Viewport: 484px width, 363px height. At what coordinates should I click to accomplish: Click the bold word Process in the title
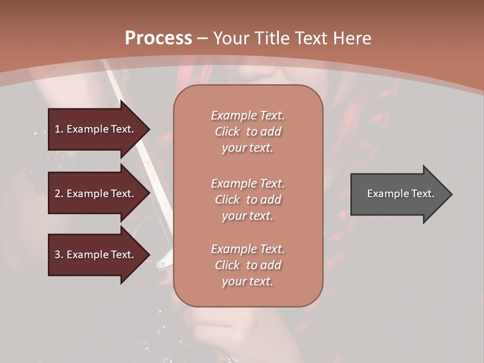[x=158, y=38]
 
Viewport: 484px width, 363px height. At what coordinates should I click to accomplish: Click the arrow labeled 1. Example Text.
[x=96, y=129]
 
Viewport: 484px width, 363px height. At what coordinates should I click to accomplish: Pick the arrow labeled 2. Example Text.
[x=96, y=194]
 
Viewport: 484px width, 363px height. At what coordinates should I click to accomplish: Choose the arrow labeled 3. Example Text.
[x=96, y=255]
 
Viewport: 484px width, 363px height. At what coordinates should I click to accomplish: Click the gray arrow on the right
[x=398, y=194]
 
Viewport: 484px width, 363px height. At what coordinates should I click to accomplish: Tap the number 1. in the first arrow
[x=59, y=129]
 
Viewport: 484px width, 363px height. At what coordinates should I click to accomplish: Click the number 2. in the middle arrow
[x=59, y=194]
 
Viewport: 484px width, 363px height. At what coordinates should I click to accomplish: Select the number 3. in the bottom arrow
[x=59, y=255]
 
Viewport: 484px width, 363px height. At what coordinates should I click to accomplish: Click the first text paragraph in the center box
[x=248, y=132]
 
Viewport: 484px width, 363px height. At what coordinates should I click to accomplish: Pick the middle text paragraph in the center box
[x=248, y=200]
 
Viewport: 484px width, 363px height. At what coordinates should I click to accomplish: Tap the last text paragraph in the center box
[x=248, y=265]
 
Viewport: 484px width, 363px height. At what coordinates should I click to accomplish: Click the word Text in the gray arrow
[x=423, y=194]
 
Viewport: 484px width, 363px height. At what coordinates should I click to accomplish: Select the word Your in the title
[x=230, y=38]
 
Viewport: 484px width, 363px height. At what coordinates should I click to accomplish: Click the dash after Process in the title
[x=202, y=38]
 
